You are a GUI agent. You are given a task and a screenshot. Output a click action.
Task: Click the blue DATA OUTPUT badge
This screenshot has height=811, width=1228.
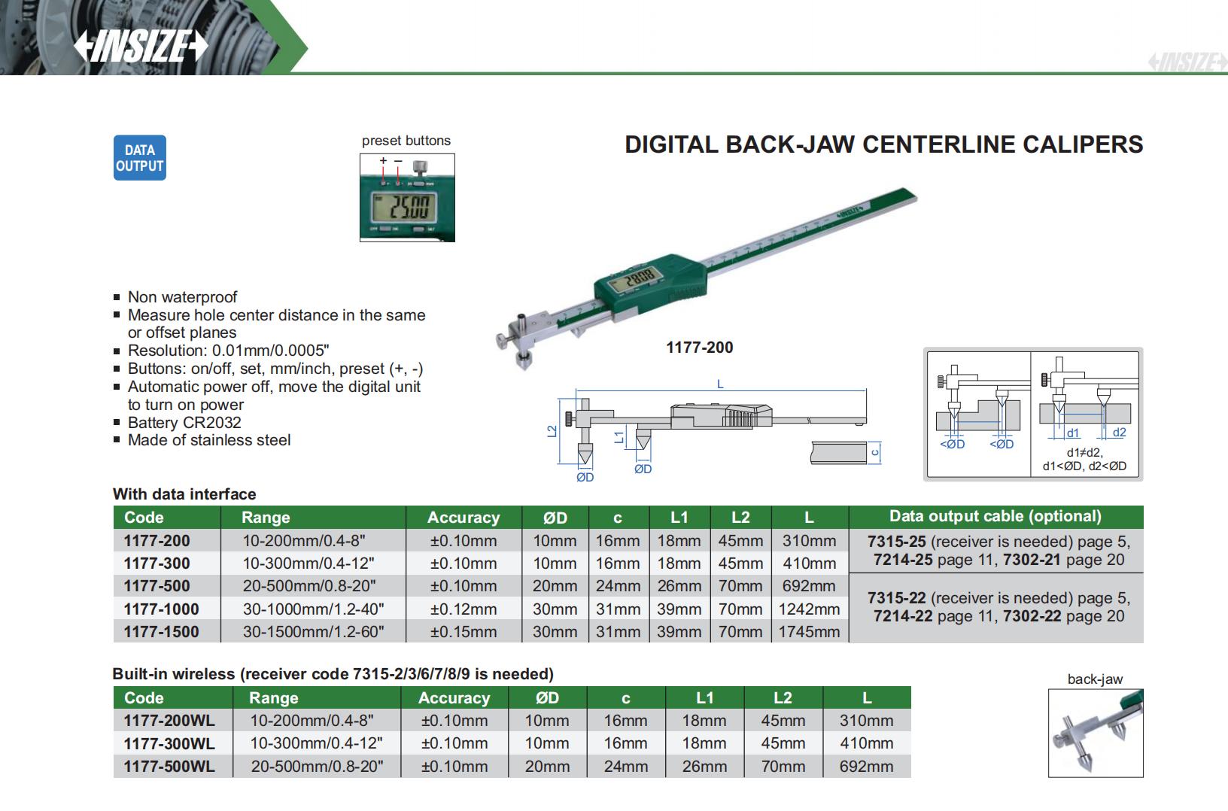tap(139, 158)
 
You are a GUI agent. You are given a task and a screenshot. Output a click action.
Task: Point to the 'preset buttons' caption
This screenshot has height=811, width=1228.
tap(406, 141)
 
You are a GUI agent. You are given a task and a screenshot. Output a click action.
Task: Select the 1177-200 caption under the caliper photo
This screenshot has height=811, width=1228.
tap(699, 348)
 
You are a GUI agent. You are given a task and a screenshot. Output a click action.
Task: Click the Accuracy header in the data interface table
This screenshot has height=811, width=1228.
tap(463, 518)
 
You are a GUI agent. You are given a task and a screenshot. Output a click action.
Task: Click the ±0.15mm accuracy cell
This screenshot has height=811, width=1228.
tap(463, 632)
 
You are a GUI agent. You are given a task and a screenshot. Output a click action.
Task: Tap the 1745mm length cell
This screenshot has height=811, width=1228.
tap(809, 632)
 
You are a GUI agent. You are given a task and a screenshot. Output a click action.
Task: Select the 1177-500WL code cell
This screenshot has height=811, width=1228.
tap(169, 767)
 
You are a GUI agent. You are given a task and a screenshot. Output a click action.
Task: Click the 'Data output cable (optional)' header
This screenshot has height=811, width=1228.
tap(995, 516)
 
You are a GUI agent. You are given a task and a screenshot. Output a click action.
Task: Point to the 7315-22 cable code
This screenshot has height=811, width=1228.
tap(896, 598)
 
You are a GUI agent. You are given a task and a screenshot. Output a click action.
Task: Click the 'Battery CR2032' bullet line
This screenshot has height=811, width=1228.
tap(184, 423)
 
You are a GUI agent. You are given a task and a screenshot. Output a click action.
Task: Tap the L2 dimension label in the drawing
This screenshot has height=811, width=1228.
tap(553, 431)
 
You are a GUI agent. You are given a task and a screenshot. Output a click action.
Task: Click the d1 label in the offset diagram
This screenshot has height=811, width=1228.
tap(1073, 433)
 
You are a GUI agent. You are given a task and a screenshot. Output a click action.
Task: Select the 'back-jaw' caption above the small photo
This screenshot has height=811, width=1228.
tap(1095, 679)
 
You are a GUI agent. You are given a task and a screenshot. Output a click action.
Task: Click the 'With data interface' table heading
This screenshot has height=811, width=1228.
tap(184, 494)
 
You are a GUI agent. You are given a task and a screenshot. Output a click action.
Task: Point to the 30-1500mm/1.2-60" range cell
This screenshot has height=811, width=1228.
tap(313, 632)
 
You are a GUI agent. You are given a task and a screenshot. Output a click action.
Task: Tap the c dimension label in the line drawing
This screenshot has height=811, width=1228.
tap(874, 452)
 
